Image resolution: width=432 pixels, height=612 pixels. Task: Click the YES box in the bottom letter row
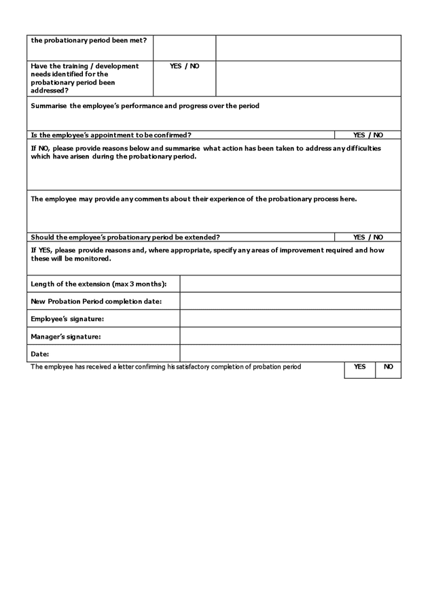359,367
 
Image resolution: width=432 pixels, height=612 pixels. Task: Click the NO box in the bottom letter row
388,367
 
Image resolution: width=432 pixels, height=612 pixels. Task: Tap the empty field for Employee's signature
290,318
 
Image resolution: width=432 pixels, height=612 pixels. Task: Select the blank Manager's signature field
290,336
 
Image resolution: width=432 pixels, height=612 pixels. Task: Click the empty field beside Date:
290,354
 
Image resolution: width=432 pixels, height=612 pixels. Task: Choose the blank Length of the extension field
290,284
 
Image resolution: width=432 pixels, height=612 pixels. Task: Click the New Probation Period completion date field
290,301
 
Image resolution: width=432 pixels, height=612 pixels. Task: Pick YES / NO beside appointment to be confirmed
367,135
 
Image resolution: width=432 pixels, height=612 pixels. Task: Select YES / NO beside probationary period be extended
367,237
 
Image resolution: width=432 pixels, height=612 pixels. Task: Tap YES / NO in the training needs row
184,67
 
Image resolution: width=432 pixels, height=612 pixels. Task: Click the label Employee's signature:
67,319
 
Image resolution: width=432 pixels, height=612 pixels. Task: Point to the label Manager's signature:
66,337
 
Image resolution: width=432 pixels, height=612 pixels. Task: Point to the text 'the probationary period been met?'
88,40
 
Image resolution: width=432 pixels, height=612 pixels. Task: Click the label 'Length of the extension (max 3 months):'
98,284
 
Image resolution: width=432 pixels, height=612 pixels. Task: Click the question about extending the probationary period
125,237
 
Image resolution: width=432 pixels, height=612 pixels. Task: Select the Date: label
40,354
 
